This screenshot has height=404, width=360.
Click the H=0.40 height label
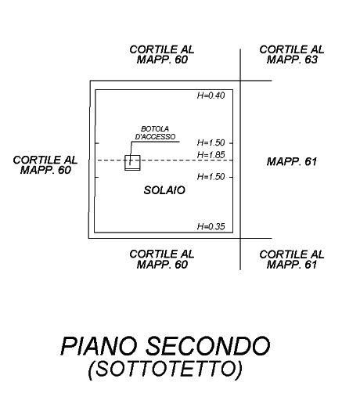[211, 96]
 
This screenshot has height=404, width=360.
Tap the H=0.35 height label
[211, 226]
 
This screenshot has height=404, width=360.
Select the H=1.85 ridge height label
[211, 155]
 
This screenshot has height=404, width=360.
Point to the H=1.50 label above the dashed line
[211, 142]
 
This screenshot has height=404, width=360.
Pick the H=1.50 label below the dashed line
[211, 177]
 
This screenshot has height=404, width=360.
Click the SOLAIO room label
[164, 190]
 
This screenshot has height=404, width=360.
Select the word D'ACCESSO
[155, 137]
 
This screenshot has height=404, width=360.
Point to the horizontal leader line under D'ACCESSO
[156, 142]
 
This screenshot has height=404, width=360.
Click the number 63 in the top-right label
[311, 60]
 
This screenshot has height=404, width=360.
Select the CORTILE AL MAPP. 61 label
[292, 259]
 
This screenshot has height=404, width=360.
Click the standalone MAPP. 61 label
[292, 162]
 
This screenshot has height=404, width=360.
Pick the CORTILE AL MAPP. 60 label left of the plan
[45, 165]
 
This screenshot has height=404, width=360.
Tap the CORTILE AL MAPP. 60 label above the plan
[162, 55]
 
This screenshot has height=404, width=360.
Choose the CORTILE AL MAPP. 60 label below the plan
[162, 259]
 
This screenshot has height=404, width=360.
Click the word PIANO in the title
[99, 346]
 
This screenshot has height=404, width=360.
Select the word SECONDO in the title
[207, 346]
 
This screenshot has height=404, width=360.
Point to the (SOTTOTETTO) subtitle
[165, 369]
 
